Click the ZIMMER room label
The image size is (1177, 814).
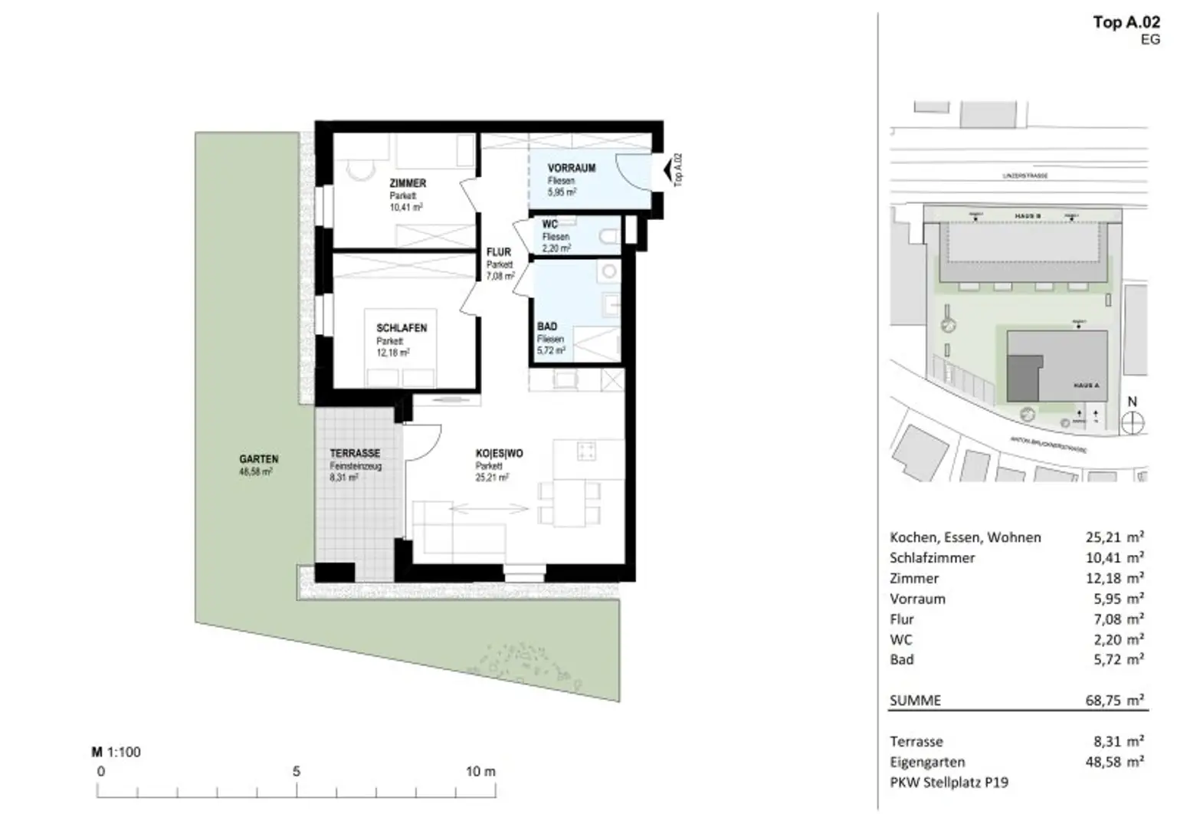point(407,183)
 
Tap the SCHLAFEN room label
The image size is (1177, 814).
point(401,328)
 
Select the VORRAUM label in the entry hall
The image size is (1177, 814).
point(571,168)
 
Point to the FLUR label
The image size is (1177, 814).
point(498,252)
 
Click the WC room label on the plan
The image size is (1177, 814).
point(549,225)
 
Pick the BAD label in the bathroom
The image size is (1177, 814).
point(547,327)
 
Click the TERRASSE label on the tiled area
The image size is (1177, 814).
point(355,454)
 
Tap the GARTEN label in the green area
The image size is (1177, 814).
point(259,459)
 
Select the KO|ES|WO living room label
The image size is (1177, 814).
point(499,454)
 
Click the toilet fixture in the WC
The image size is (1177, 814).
point(611,238)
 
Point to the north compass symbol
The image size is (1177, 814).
point(1132,422)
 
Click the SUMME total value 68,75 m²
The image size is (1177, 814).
point(1114,700)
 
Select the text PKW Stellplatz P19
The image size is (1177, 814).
point(949,783)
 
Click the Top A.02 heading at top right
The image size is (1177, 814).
point(1126,22)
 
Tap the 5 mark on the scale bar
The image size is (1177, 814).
point(297,772)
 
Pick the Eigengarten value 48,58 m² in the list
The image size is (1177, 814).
point(1114,762)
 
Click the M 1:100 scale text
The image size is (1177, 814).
point(116,752)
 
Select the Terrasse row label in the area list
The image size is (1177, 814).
point(916,741)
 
